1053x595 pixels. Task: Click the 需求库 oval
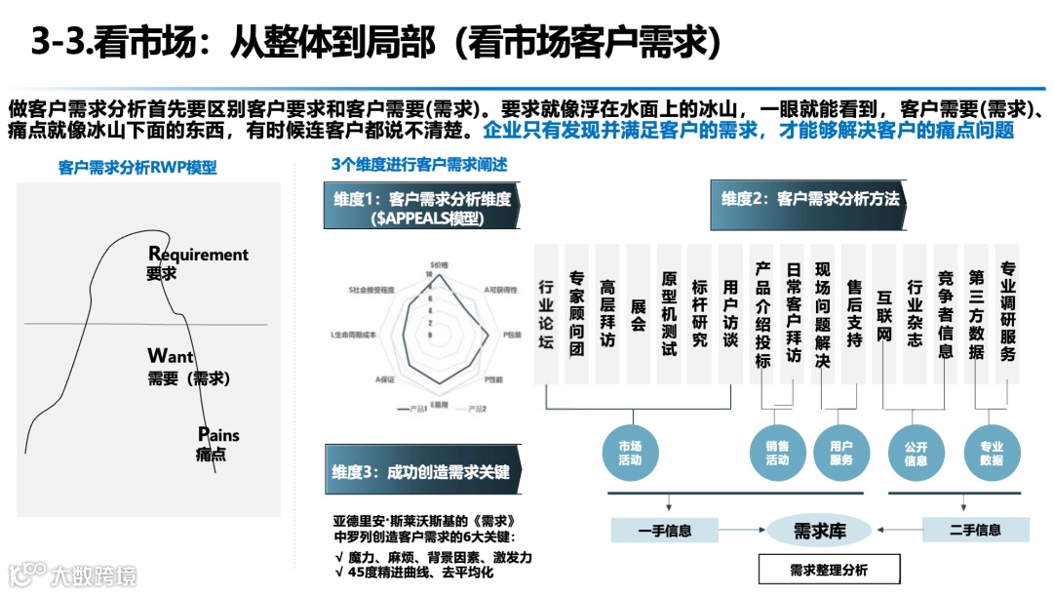(818, 531)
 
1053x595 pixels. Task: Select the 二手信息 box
(975, 531)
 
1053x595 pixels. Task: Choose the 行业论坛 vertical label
(546, 314)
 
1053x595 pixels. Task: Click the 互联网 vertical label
(885, 314)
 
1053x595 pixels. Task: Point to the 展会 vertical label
(639, 314)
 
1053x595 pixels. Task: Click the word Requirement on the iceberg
(199, 255)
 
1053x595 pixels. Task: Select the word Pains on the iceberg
(218, 435)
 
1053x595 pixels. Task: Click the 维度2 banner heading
(810, 199)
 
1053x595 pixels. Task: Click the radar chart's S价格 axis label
(440, 264)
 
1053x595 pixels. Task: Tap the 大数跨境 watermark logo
(74, 574)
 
